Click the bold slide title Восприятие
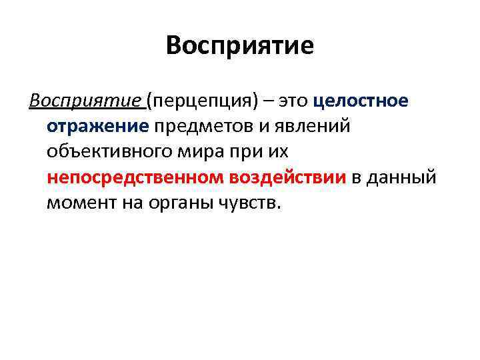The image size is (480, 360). coord(240,46)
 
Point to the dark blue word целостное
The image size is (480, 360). coord(361,101)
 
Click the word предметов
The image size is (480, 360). coord(192,126)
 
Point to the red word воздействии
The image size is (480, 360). coord(288,177)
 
